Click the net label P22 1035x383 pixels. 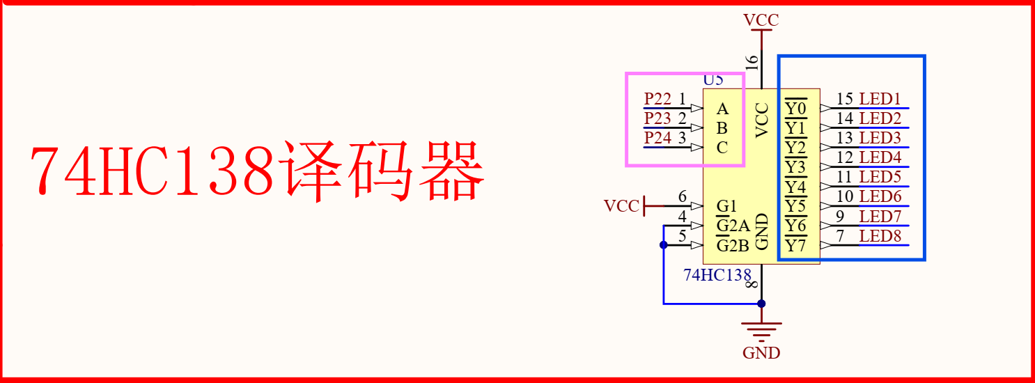657,99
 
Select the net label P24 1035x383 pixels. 657,138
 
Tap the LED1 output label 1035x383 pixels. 880,99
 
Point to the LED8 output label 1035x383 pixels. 880,236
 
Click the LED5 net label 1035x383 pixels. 880,177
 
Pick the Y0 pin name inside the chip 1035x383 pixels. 795,109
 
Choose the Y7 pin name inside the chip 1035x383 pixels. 795,246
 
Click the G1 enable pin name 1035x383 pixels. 726,206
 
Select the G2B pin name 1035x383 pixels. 733,246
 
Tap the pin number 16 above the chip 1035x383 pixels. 752,62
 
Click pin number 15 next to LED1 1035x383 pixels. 845,99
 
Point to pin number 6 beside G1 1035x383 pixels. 683,197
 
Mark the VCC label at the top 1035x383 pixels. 761,19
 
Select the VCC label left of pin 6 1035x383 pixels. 621,206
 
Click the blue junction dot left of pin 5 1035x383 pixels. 663,244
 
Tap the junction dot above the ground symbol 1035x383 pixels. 761,304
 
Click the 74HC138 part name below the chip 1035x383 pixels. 717,274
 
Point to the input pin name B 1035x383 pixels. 722,128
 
